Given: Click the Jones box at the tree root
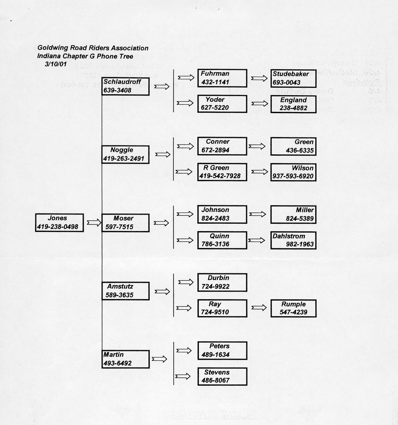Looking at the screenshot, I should [x=59, y=222].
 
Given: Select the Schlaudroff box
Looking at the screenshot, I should [x=125, y=86].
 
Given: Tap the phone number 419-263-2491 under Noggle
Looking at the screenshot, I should [x=124, y=158].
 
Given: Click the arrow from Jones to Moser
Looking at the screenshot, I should [x=94, y=222].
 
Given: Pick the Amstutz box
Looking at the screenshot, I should [x=125, y=291].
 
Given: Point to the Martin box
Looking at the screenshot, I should [x=125, y=359].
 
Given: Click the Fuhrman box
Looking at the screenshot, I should [x=222, y=78].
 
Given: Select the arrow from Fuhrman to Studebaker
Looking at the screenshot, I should [x=259, y=78].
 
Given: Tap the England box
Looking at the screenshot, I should [x=293, y=104].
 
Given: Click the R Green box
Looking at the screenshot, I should [x=222, y=172].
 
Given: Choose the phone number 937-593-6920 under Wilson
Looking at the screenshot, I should [x=293, y=176].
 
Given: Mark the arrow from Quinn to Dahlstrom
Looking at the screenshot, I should [x=256, y=240].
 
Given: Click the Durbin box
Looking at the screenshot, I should [x=222, y=282].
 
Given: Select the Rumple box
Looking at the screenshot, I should [x=293, y=308].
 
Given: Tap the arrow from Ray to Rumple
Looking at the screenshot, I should [x=259, y=308].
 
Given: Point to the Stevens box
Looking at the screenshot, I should [x=222, y=376].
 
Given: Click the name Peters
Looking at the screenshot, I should [x=219, y=346].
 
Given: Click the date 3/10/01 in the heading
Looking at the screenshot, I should [x=56, y=64].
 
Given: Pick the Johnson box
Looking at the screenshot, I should [x=222, y=214].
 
